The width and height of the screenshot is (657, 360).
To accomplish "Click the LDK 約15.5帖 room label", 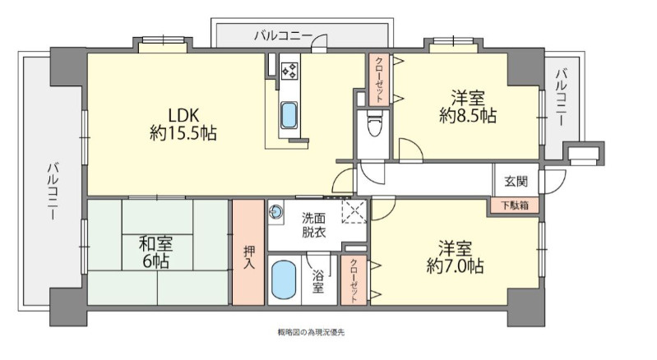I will (183, 122).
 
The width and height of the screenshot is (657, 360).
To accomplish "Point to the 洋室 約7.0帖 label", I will (455, 256).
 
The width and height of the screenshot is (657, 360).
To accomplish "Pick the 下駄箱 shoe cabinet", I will (516, 205).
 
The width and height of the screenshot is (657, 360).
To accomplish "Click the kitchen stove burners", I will (289, 71).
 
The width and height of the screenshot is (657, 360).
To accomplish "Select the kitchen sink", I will (289, 114).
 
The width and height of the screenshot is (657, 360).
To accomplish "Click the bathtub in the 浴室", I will (283, 281).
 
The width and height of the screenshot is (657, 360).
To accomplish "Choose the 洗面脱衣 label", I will (313, 225).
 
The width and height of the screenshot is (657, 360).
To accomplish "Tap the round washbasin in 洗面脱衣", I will (275, 210).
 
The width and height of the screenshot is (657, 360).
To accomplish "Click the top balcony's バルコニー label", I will (282, 35).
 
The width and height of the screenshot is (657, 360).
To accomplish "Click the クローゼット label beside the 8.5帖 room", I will (379, 80).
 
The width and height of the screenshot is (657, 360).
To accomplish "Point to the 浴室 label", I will (318, 279).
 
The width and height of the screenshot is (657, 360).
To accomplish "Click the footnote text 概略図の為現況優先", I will (311, 333).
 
